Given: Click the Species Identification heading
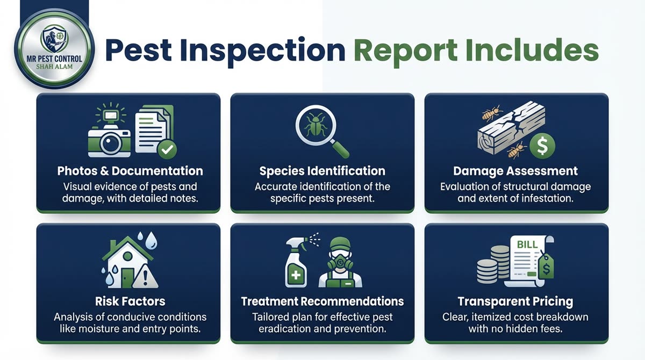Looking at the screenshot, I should pos(322,171).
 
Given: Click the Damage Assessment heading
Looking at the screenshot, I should pos(515,171).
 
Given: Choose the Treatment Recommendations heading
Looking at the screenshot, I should pos(322,301).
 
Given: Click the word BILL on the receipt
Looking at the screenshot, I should pos(526,245).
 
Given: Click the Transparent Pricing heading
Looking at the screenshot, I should pos(515,301).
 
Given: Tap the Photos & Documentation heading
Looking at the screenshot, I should pos(130,171).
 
